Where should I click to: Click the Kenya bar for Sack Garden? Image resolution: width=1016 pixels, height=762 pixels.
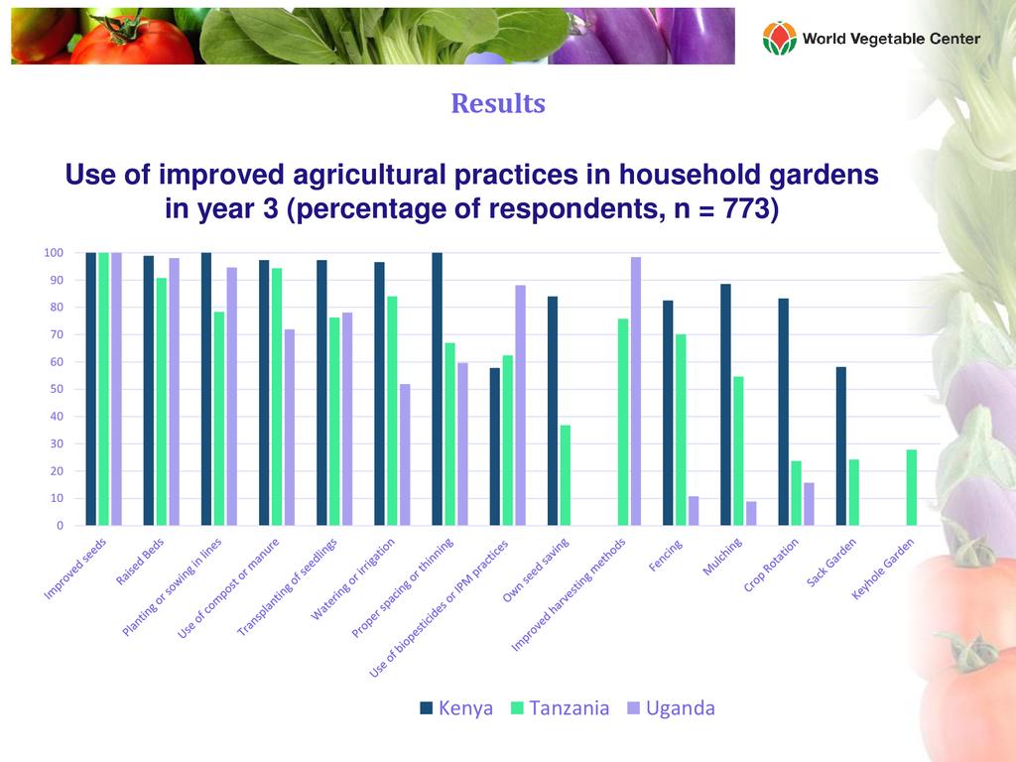(x=841, y=446)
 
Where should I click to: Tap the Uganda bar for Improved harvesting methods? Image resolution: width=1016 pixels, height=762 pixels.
(x=636, y=391)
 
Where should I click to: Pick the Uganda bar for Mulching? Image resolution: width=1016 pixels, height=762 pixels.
(x=751, y=513)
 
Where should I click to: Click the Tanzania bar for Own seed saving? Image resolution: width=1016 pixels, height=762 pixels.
(x=566, y=475)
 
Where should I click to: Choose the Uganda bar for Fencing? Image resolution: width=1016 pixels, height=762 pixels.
(x=694, y=510)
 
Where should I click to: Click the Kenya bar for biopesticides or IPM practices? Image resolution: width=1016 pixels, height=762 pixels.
(x=495, y=446)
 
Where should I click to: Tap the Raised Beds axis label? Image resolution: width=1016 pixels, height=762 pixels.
(x=141, y=564)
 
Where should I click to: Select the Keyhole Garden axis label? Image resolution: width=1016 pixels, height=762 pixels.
(x=883, y=571)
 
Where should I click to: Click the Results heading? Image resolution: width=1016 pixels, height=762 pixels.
(x=498, y=103)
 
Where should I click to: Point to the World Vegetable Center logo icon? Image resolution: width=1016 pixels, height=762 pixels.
(x=779, y=39)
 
